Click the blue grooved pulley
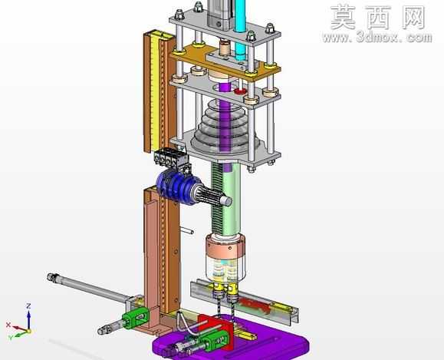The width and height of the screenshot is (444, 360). pos(175,187)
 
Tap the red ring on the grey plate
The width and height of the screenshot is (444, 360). pos(241,91)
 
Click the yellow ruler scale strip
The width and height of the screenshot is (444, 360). pos(155,90)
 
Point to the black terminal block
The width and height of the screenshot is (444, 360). pos(170,157)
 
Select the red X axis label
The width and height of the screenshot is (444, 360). pos(8,325)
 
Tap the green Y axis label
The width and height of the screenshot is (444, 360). pos(11,337)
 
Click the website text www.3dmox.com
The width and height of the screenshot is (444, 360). pos(377,37)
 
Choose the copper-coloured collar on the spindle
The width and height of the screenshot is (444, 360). pos(225,247)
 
